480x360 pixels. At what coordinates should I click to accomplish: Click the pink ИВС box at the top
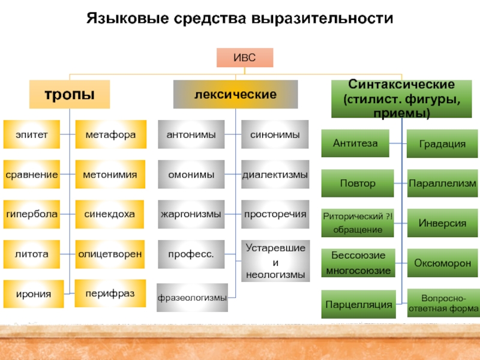click(x=245, y=58)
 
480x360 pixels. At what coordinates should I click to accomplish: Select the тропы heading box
click(x=70, y=94)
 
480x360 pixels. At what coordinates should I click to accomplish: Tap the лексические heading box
click(x=235, y=94)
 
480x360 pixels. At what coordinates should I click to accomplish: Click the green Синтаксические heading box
click(x=401, y=99)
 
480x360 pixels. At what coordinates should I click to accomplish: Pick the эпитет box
click(x=32, y=134)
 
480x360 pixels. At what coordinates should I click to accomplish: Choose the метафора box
click(x=111, y=134)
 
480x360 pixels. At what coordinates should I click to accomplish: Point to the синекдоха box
click(x=110, y=214)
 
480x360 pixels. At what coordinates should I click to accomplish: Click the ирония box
click(x=34, y=294)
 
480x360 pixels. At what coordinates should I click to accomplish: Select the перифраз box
click(x=110, y=293)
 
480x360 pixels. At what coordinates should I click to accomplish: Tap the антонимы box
click(x=191, y=134)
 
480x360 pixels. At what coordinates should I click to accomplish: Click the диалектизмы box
click(x=275, y=174)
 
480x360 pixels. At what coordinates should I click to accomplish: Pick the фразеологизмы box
click(x=192, y=298)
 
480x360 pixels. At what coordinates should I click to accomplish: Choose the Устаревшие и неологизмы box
click(x=275, y=261)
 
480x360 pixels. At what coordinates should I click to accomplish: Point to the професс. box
click(x=191, y=254)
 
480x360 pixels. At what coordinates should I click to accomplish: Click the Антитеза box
click(x=355, y=143)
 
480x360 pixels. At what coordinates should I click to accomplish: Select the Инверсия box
click(x=442, y=223)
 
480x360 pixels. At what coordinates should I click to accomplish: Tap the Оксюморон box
click(x=442, y=263)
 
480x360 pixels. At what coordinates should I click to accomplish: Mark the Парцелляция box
click(x=358, y=304)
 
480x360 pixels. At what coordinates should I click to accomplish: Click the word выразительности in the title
click(x=322, y=18)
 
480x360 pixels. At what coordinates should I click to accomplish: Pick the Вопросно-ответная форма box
click(x=443, y=303)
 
